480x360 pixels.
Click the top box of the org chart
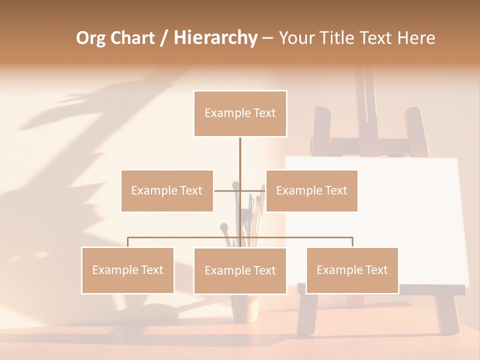click(x=240, y=113)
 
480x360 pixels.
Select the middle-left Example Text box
click(x=167, y=190)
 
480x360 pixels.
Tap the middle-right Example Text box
click(x=311, y=190)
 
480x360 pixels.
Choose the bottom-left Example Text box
click(x=127, y=270)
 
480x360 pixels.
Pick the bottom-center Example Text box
click(x=240, y=270)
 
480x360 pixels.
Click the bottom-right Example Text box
click(x=352, y=270)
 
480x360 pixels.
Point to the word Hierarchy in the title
click(x=215, y=38)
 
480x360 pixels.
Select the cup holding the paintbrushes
click(x=245, y=307)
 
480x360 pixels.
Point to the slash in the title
click(x=164, y=38)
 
